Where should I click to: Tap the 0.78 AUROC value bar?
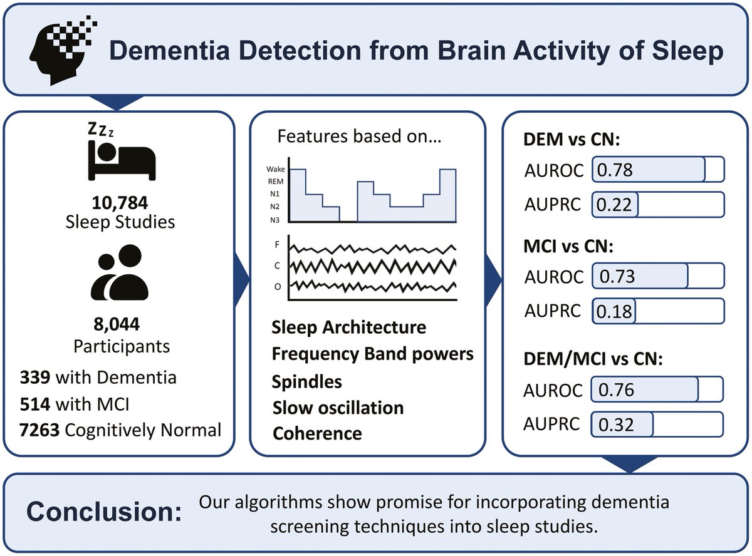(649, 169)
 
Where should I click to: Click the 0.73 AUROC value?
(617, 276)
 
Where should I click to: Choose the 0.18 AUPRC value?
(614, 311)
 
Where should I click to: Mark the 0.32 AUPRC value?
(617, 425)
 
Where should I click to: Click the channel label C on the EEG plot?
(277, 265)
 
